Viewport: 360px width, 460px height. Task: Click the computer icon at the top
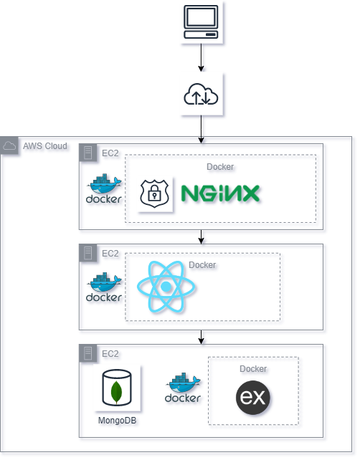click(x=202, y=22)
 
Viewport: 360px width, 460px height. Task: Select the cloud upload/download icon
click(x=201, y=94)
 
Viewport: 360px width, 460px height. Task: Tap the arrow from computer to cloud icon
click(x=202, y=57)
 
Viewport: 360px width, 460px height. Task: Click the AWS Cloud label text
click(x=45, y=146)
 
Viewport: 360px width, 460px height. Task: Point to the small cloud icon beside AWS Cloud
click(x=9, y=146)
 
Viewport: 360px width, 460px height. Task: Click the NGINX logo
click(x=220, y=193)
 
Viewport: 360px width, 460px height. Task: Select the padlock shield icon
click(x=153, y=193)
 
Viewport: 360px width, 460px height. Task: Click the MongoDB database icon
click(x=116, y=388)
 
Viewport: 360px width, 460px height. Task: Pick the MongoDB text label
click(x=117, y=421)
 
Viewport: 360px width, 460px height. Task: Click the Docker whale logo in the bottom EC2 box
click(x=183, y=388)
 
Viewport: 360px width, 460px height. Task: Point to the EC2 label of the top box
click(x=110, y=153)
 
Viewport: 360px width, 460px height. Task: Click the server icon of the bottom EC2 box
click(x=88, y=353)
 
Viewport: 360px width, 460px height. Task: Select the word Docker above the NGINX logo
click(x=220, y=167)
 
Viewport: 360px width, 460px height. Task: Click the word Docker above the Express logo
click(x=253, y=369)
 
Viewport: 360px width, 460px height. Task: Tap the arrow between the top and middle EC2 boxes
click(x=202, y=236)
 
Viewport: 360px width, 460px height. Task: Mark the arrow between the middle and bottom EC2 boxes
click(x=202, y=337)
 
